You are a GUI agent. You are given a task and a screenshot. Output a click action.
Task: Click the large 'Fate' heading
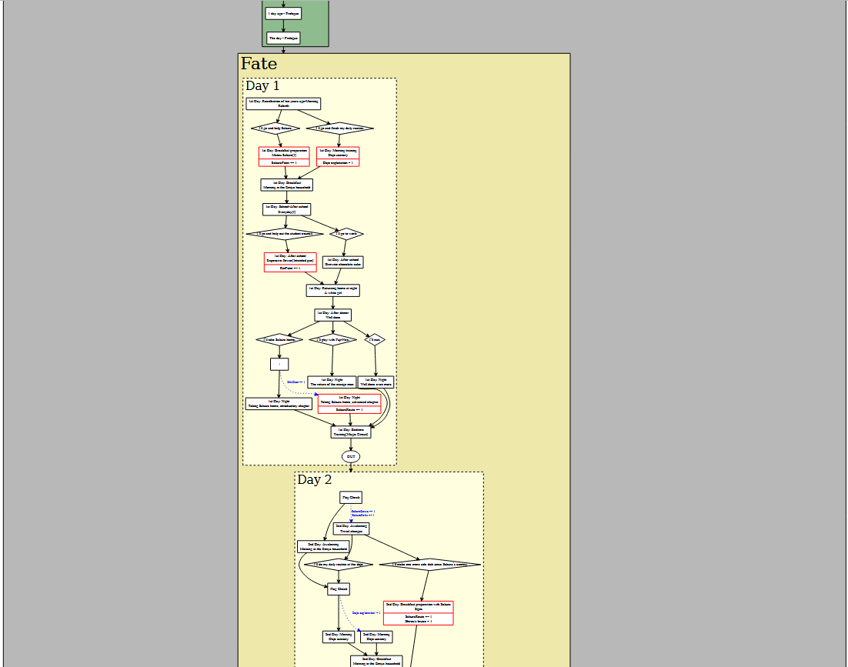pyautogui.click(x=259, y=64)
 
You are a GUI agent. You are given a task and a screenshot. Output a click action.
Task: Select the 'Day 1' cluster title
pyautogui.click(x=262, y=86)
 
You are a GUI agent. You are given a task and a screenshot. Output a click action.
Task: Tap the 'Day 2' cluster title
pyautogui.click(x=315, y=480)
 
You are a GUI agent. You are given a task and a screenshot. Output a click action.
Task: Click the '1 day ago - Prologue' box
pyautogui.click(x=283, y=13)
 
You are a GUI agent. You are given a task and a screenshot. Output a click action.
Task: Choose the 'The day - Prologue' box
pyautogui.click(x=283, y=37)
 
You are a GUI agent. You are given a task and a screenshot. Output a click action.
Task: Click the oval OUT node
pyautogui.click(x=351, y=456)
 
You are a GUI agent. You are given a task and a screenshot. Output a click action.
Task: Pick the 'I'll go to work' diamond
pyautogui.click(x=346, y=233)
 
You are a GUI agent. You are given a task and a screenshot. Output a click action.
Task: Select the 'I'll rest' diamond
pyautogui.click(x=375, y=339)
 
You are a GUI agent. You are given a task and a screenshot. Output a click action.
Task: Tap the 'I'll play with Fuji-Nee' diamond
pyautogui.click(x=332, y=339)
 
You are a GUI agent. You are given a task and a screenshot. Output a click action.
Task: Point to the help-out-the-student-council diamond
pyautogui.click(x=285, y=233)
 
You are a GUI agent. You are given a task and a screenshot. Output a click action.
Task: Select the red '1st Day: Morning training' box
pyautogui.click(x=338, y=156)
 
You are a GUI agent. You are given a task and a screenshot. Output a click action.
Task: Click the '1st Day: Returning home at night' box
pyautogui.click(x=333, y=290)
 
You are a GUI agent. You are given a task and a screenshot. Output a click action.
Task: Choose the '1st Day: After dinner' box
pyautogui.click(x=333, y=314)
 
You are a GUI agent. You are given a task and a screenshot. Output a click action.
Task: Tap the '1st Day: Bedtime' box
pyautogui.click(x=351, y=432)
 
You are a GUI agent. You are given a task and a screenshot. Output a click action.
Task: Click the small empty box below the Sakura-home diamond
pyautogui.click(x=279, y=364)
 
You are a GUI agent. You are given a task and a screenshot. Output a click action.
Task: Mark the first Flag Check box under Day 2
pyautogui.click(x=351, y=497)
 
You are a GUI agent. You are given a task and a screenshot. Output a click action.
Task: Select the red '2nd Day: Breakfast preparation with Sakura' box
pyautogui.click(x=418, y=612)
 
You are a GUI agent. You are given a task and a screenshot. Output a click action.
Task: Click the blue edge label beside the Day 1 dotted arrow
pyautogui.click(x=296, y=382)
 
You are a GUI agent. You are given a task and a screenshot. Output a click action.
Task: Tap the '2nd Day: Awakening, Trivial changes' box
pyautogui.click(x=351, y=529)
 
